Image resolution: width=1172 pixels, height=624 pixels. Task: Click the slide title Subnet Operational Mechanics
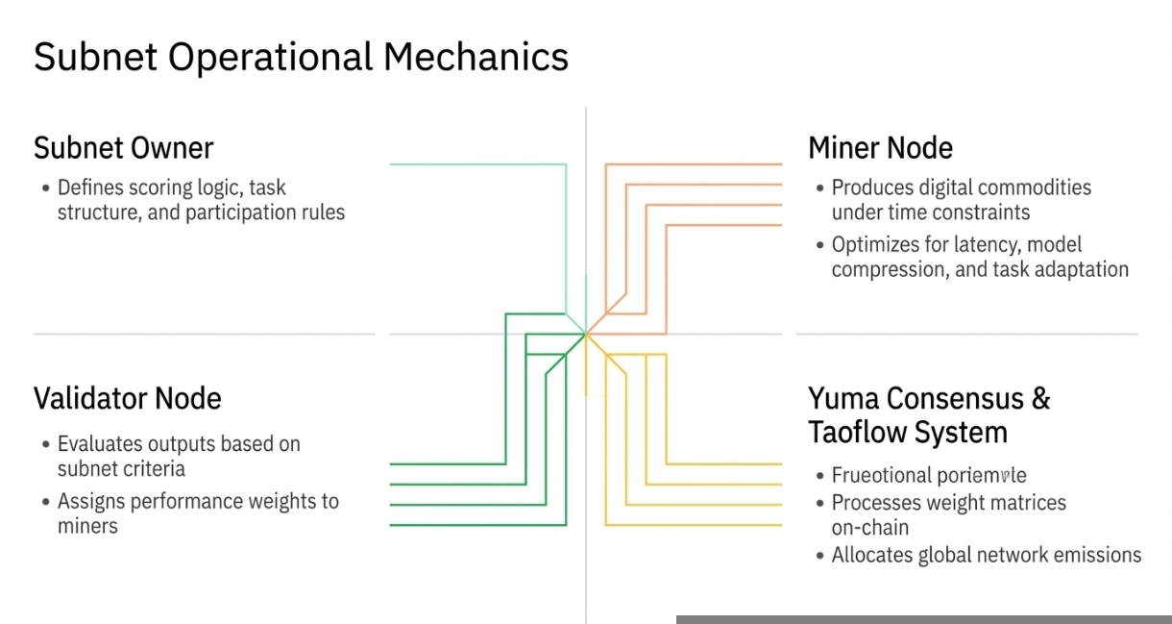point(301,58)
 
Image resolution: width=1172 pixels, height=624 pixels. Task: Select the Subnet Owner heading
point(123,148)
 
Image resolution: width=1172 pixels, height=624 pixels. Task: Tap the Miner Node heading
point(880,148)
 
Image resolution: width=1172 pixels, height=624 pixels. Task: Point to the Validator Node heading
point(127,398)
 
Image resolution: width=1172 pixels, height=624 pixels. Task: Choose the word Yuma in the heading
point(843,398)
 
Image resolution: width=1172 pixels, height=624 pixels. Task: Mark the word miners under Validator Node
point(87,526)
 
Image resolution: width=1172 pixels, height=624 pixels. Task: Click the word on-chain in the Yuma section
point(869,528)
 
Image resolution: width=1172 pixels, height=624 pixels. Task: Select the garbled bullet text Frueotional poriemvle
point(929,475)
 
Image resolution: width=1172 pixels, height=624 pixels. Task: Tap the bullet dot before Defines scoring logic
point(45,187)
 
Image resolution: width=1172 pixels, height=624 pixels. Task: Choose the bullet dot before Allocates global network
point(819,556)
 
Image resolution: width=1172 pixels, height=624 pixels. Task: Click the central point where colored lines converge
point(585,334)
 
